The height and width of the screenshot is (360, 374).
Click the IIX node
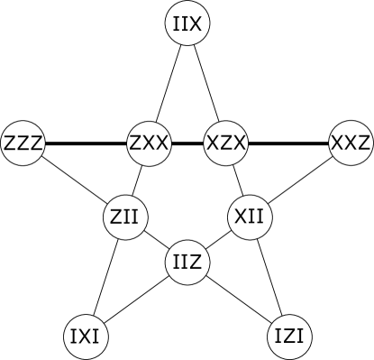pyautogui.click(x=188, y=24)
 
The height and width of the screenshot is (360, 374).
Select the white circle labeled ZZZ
pyautogui.click(x=23, y=143)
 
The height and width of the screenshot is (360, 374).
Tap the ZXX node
pyautogui.click(x=149, y=143)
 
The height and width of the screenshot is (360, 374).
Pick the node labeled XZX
pyautogui.click(x=225, y=143)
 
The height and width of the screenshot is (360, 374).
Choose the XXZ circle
pyautogui.click(x=351, y=143)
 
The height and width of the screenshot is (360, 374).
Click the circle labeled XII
pyautogui.click(x=249, y=217)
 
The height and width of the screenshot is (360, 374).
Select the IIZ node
pyautogui.click(x=188, y=263)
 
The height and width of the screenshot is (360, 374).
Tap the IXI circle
pyautogui.click(x=87, y=337)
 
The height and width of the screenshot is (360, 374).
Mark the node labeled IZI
pyautogui.click(x=290, y=337)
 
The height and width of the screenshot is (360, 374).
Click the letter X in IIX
pyautogui.click(x=197, y=24)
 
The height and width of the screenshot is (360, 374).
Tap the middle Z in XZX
pyautogui.click(x=225, y=143)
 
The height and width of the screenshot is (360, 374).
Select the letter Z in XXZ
pyautogui.click(x=363, y=143)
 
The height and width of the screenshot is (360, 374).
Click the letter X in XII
pyautogui.click(x=240, y=217)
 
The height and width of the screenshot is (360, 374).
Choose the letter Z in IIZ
pyautogui.click(x=197, y=263)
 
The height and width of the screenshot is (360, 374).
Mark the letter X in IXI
pyautogui.click(x=87, y=337)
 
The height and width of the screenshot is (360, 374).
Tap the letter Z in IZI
pyautogui.click(x=290, y=337)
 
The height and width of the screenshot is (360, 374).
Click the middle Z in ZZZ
pyautogui.click(x=23, y=143)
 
